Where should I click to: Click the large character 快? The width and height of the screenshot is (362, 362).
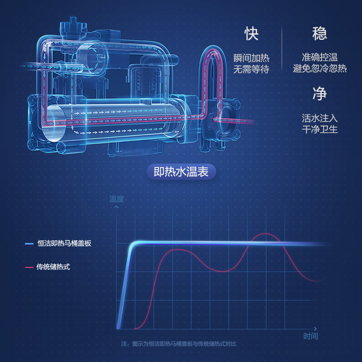coord(252,33)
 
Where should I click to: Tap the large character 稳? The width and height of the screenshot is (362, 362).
coord(319,33)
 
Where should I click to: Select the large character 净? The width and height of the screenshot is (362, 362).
coord(319,94)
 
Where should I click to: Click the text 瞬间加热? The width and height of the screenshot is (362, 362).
coord(252,58)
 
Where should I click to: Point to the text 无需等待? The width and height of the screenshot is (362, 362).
coord(252,69)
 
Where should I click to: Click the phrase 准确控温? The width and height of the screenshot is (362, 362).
coord(319,58)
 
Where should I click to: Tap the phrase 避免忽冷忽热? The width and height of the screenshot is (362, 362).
coord(319,69)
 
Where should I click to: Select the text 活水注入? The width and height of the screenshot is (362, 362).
coord(319,118)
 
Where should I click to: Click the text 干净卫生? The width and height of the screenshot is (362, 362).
coord(319,129)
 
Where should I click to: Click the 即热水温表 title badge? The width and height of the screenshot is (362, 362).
coord(181,172)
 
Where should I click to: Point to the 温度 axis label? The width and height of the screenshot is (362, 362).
coord(116,199)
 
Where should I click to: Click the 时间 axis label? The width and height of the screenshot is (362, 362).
coord(310,336)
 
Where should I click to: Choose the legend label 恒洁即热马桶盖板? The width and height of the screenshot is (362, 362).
coord(64,243)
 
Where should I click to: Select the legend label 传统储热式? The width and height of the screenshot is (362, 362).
coord(53,267)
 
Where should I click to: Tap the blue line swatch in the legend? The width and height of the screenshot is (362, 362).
coord(29,243)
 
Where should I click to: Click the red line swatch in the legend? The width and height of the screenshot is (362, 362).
coord(29,267)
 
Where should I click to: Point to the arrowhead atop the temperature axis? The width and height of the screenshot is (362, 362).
coord(117,207)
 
